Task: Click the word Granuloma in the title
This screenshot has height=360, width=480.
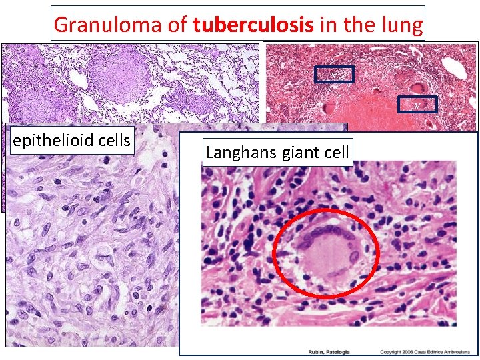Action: coord(99,25)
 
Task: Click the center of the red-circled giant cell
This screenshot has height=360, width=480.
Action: coord(326,253)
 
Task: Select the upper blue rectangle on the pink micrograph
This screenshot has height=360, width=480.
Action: coord(334,75)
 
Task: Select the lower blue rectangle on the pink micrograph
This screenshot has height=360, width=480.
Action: coord(417,104)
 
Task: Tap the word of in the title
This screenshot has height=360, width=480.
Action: coord(179,25)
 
